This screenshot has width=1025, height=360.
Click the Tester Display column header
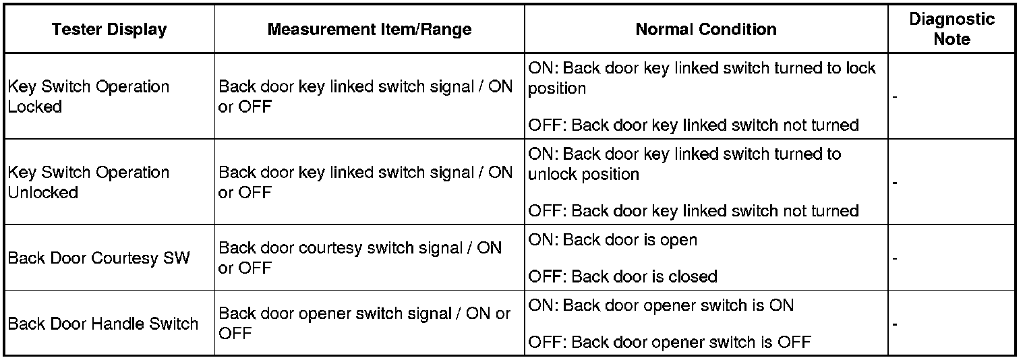(109, 30)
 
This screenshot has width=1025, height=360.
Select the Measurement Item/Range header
(370, 30)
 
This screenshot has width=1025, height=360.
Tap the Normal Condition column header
(706, 30)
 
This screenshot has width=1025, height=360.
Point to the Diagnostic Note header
(951, 29)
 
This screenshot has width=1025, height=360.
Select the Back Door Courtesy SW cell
(99, 258)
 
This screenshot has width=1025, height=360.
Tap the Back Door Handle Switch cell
(103, 324)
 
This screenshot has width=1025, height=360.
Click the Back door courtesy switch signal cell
(360, 258)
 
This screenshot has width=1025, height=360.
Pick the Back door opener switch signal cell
(364, 324)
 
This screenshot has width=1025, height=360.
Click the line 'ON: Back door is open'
(612, 240)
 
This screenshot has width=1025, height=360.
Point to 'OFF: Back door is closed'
(622, 276)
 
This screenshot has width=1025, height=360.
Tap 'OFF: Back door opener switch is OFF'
(669, 342)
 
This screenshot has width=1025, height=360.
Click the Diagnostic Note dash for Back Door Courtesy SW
(895, 258)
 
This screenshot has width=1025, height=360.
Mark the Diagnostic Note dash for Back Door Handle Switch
(895, 324)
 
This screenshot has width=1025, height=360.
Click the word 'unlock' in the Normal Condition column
(550, 174)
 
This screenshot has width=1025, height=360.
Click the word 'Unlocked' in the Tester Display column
(43, 192)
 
